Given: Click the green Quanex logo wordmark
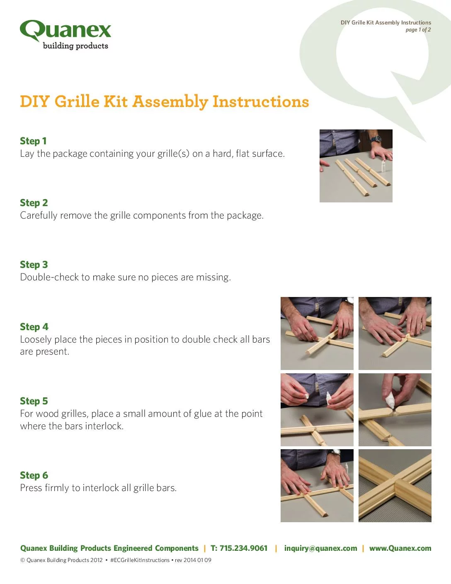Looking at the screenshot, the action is (x=65, y=30).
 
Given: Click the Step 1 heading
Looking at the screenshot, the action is (x=33, y=141).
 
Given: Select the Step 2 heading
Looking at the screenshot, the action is (x=34, y=203).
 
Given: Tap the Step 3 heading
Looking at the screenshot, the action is (x=34, y=265).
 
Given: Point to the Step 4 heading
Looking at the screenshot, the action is (x=34, y=327).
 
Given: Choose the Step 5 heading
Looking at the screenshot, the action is (x=34, y=401).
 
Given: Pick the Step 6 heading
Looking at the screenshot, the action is (x=34, y=475).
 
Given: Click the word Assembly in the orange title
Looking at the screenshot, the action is (x=170, y=102).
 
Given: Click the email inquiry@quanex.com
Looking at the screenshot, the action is (x=321, y=548).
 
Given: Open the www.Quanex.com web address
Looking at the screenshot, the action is (x=400, y=548).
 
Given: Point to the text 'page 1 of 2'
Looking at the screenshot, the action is (x=418, y=30).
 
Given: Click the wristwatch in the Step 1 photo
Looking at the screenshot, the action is (x=375, y=139).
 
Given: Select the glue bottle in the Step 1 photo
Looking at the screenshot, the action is (x=383, y=166).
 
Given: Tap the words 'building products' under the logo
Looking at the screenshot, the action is (x=75, y=46).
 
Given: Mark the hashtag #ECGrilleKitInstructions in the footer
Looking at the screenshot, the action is (x=140, y=560).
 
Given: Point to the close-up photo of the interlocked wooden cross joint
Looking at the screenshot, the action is (x=395, y=486).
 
